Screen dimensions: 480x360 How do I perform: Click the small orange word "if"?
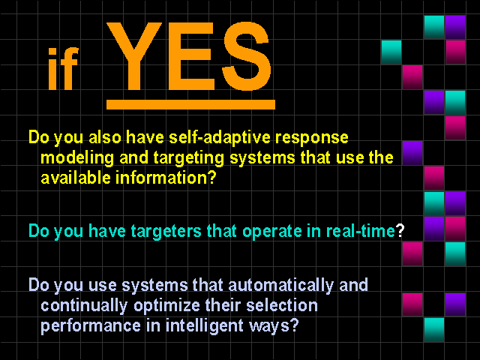pos(63,69)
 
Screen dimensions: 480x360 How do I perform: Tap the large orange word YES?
pos(190,56)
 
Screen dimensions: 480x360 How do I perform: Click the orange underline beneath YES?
pos(190,104)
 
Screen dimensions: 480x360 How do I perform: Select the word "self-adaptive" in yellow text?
pos(220,137)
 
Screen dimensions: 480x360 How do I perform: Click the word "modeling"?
pos(77,158)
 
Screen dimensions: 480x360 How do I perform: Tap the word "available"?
pos(76,178)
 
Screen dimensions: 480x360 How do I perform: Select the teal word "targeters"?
pos(166,231)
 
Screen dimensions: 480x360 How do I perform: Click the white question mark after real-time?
pos(400,230)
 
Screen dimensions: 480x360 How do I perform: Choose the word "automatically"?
pos(280,286)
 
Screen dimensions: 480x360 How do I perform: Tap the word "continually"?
pos(84,306)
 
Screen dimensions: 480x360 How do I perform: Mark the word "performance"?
pos(91,326)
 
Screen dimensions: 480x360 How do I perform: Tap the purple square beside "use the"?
pos(412,153)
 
